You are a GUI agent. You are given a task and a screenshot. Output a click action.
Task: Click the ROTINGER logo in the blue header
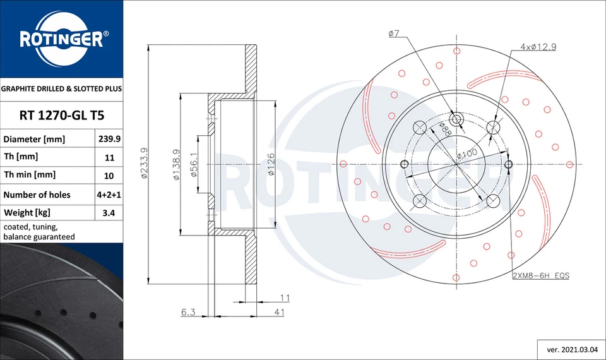click(61, 40)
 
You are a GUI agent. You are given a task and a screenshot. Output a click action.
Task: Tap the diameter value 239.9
click(108, 139)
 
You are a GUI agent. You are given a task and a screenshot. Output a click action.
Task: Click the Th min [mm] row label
click(30, 175)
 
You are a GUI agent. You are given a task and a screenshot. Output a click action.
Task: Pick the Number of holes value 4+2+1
click(108, 195)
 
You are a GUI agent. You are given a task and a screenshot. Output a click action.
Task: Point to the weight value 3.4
click(108, 213)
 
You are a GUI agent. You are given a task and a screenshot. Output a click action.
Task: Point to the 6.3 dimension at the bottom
click(188, 311)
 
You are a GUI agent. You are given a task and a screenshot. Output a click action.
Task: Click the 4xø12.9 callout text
click(538, 47)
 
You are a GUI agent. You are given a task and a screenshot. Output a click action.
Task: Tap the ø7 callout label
click(393, 33)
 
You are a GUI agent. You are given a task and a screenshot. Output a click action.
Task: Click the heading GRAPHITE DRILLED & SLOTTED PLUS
click(61, 89)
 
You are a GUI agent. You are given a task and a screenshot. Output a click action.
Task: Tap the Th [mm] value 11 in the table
click(108, 157)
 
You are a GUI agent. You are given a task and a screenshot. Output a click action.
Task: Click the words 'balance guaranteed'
click(39, 237)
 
